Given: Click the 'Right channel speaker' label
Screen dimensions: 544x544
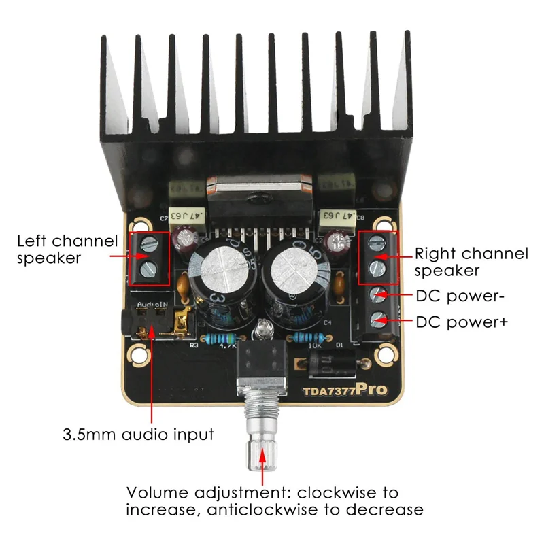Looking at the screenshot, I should [471, 262].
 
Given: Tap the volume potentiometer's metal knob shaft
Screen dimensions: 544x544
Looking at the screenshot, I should [262, 435].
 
